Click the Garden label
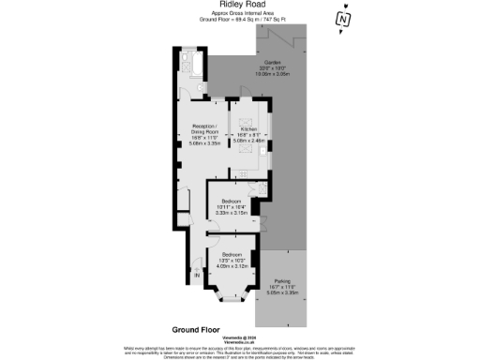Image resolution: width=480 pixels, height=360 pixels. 272,62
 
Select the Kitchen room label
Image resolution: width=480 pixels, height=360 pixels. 248,128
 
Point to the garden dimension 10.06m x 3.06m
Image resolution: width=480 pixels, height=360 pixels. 272,75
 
